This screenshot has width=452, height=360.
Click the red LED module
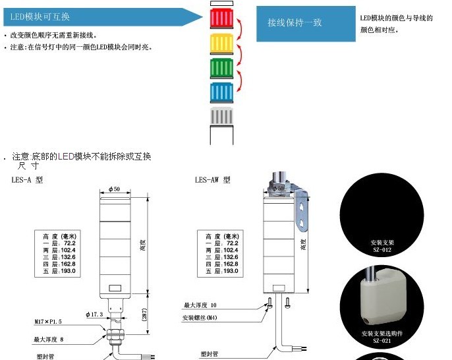pyautogui.click(x=222, y=18)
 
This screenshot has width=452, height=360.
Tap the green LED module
pyautogui.click(x=222, y=68)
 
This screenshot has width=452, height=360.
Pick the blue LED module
pyautogui.click(x=222, y=92)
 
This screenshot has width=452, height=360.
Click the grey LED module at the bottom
pyautogui.click(x=222, y=117)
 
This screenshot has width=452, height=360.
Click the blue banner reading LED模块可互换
pyautogui.click(x=99, y=16)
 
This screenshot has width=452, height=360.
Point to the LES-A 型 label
pyautogui.click(x=27, y=179)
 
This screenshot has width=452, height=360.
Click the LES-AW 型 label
pyautogui.click(x=213, y=179)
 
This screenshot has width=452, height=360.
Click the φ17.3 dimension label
pyautogui.click(x=94, y=314)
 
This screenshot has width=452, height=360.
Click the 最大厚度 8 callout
pyautogui.click(x=49, y=339)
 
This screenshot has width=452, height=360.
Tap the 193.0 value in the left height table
pyautogui.click(x=69, y=270)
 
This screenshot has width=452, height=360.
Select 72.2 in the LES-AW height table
pyautogui.click(x=231, y=243)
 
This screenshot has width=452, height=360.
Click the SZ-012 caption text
pyautogui.click(x=381, y=250)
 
